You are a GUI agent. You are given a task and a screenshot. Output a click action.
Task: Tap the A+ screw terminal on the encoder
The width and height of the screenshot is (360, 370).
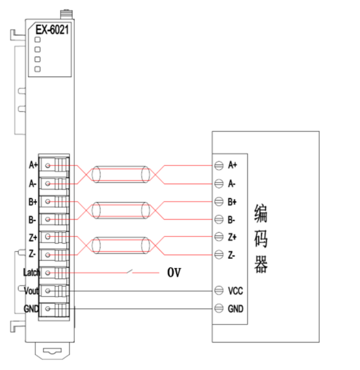tap(218, 165)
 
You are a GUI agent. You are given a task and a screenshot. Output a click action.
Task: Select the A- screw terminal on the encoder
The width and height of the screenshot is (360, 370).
tap(218, 183)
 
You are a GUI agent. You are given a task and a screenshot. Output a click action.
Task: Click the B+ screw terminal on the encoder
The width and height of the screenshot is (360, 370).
tap(218, 201)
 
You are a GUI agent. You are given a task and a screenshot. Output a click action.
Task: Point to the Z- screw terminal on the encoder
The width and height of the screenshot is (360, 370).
tap(218, 254)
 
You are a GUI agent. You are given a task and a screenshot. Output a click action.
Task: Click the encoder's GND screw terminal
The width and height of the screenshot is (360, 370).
tap(218, 309)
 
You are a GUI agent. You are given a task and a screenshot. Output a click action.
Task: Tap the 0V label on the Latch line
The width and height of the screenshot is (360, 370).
tap(174, 273)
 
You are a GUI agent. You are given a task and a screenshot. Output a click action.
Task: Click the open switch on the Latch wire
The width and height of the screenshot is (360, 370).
tap(130, 272)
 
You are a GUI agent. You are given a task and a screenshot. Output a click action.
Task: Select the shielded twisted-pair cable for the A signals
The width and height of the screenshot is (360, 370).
tap(121, 174)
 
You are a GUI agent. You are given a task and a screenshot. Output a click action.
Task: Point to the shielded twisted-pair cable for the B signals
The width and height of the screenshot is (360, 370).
tap(121, 210)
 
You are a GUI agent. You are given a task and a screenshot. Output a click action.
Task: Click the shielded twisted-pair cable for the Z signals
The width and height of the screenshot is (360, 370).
tap(121, 245)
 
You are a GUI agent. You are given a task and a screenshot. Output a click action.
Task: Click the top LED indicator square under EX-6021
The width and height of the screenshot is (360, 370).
tap(38, 40)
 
